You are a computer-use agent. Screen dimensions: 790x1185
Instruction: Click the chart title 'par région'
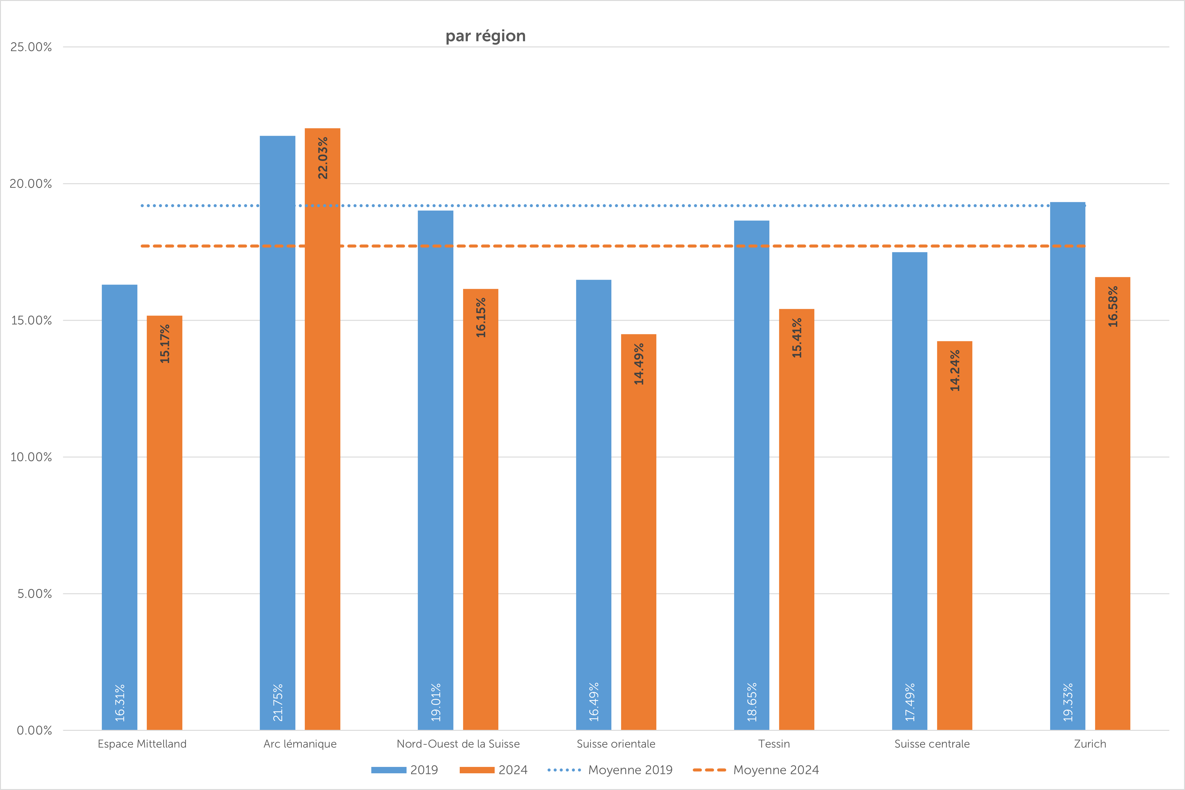coord(485,36)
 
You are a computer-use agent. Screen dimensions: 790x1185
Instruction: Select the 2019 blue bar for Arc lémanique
coord(277,428)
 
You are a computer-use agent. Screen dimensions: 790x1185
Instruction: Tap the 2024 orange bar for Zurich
coord(1112,504)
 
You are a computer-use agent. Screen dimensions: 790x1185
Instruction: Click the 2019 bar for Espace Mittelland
coord(119,504)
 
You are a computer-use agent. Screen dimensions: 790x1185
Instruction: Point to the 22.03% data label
coord(323,158)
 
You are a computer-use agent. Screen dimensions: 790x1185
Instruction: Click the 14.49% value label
coord(639,364)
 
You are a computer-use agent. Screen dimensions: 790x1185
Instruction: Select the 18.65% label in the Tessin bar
coord(751,702)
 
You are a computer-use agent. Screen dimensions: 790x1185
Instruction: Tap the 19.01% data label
coord(435,702)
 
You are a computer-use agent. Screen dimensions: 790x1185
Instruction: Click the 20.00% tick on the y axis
coord(31,184)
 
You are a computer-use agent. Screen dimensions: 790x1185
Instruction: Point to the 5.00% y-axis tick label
coord(34,593)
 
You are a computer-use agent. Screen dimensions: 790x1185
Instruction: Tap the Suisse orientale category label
coord(616,744)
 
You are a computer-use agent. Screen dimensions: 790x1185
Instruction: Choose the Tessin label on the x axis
coord(774,744)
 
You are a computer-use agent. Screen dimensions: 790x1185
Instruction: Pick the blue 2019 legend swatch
coord(389,770)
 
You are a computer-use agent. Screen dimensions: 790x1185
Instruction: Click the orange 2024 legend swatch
coord(477,770)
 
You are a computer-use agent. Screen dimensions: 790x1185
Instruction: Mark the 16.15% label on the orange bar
coord(481,317)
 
